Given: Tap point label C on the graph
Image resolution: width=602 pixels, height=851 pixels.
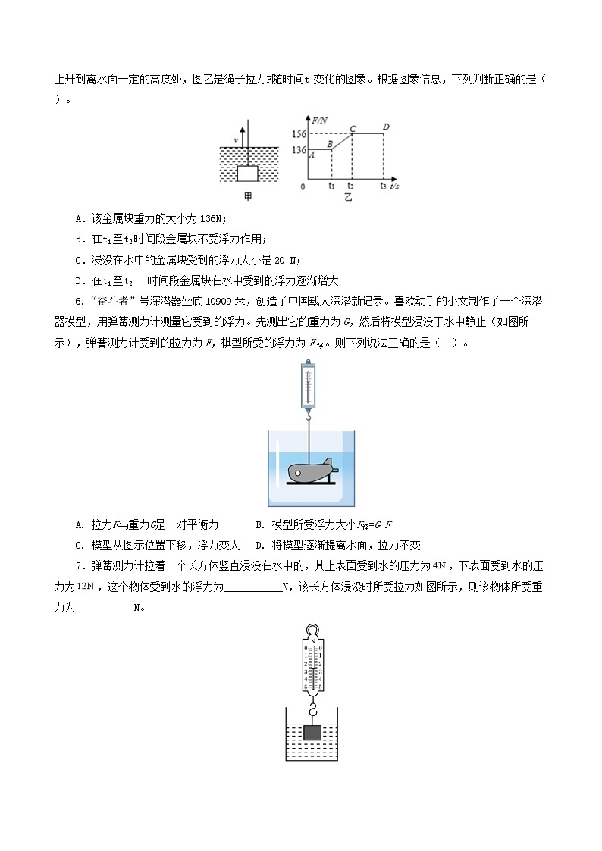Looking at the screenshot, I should tap(353, 128).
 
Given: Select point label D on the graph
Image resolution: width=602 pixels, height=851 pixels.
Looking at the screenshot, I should tap(386, 127).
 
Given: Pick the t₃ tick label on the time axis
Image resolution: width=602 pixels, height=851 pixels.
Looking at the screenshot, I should tap(384, 186).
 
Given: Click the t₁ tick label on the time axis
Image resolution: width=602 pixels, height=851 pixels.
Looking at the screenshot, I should tap(331, 186).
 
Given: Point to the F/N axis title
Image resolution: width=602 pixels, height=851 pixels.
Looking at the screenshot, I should tap(319, 120).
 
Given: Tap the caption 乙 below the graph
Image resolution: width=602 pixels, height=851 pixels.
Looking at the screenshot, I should tap(348, 198).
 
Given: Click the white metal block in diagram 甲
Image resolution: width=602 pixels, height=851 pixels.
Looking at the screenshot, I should tap(248, 174).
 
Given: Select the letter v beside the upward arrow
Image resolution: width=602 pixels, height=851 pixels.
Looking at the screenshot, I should tap(236, 140).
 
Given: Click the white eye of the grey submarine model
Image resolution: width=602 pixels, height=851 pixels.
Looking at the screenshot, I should tap(299, 474).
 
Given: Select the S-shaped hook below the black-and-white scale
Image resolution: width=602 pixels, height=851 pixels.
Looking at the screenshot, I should tap(312, 711).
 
